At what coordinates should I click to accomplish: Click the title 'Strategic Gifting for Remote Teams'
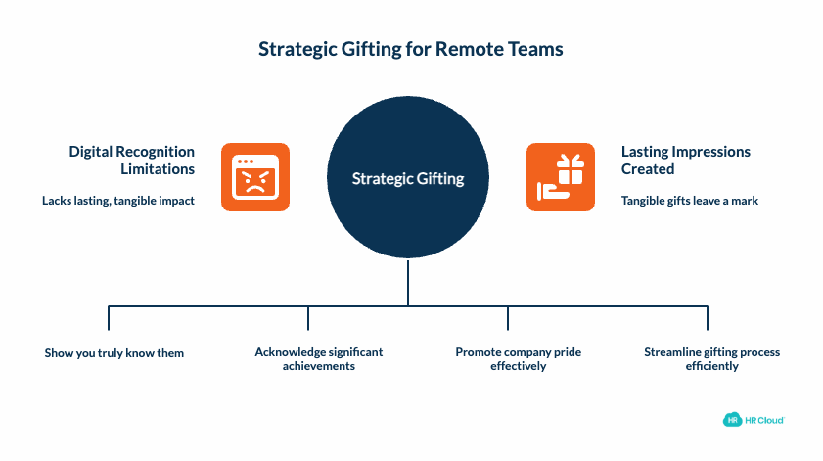(x=411, y=48)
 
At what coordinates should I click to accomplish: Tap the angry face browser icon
(x=254, y=177)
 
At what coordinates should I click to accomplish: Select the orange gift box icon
(x=560, y=177)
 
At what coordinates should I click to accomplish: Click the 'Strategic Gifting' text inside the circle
(x=407, y=179)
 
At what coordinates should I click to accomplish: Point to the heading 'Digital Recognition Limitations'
(x=131, y=160)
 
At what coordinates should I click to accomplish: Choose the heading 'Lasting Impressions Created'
(x=685, y=160)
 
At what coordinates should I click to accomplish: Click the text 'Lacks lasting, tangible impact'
(x=118, y=201)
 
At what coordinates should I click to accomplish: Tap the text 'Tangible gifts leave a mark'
(x=689, y=201)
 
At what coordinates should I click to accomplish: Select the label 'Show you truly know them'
(x=114, y=352)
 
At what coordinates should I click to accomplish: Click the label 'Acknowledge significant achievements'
(x=318, y=358)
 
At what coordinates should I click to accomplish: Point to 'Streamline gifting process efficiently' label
(x=711, y=358)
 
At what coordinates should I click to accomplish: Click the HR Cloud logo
(x=754, y=420)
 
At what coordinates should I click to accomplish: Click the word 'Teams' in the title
(x=538, y=48)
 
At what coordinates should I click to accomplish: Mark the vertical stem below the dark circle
(x=407, y=283)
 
